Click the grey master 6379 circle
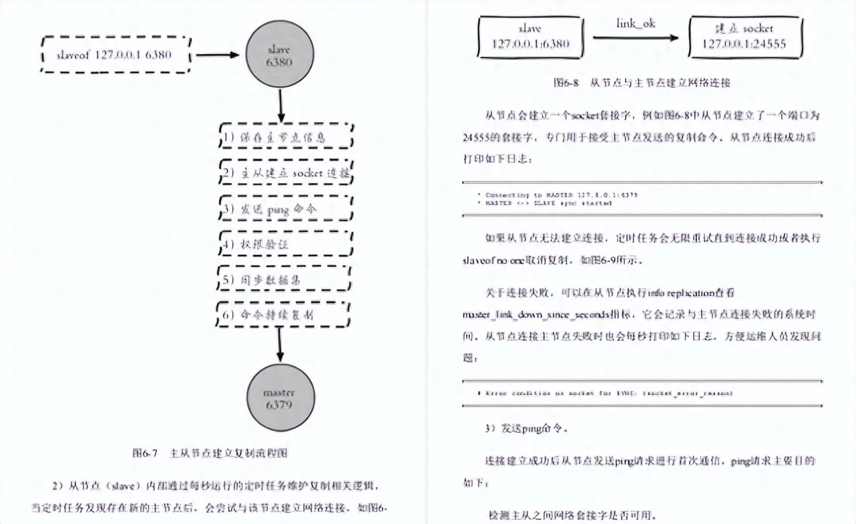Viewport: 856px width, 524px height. [280, 397]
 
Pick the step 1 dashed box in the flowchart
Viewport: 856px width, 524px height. [285, 137]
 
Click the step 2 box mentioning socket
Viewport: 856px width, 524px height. [285, 172]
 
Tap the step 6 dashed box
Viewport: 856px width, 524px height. [285, 314]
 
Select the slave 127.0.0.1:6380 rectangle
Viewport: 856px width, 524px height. [531, 37]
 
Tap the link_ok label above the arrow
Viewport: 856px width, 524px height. [635, 24]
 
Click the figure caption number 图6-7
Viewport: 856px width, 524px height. [144, 452]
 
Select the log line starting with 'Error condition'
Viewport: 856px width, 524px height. [605, 393]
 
